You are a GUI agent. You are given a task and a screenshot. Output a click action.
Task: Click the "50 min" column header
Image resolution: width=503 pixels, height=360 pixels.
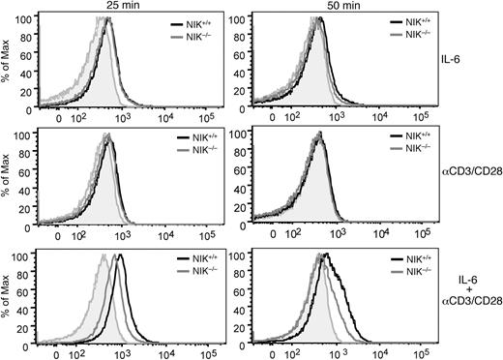(347, 6)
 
